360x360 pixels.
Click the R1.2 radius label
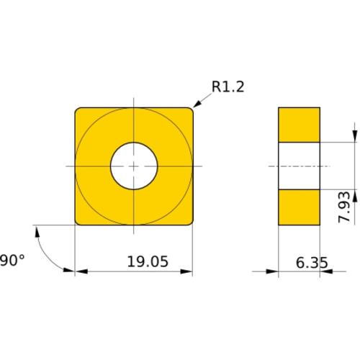click(228, 86)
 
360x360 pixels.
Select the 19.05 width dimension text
click(148, 261)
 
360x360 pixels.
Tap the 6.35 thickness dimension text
click(312, 263)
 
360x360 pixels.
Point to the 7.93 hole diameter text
click(344, 207)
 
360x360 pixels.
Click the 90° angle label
click(12, 261)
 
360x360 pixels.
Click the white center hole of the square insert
click(134, 166)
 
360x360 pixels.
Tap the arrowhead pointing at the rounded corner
click(197, 104)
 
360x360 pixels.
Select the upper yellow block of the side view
click(299, 125)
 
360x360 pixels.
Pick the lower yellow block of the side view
click(299, 207)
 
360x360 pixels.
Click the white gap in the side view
click(299, 166)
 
